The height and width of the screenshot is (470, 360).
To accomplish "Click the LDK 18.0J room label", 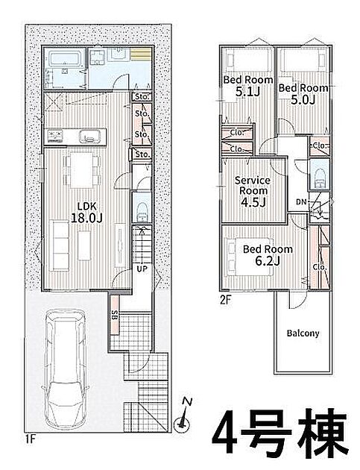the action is (86, 212).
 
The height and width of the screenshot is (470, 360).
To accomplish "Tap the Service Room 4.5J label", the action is (253, 191).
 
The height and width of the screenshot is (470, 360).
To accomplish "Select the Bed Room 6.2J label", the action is (268, 255).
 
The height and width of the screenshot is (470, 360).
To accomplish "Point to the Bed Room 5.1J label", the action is (248, 86).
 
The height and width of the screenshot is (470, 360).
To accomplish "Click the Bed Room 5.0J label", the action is (303, 94).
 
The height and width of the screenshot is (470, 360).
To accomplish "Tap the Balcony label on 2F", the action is (303, 333).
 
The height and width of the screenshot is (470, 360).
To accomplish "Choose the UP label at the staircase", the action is (142, 269).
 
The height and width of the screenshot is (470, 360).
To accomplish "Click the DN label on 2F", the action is (301, 202).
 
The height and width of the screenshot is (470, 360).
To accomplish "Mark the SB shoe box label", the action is (114, 316).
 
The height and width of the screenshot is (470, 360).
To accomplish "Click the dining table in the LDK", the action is (82, 170).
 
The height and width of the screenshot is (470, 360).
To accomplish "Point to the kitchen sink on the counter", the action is (89, 137).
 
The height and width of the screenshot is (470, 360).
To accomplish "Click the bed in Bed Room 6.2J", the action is (250, 257).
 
